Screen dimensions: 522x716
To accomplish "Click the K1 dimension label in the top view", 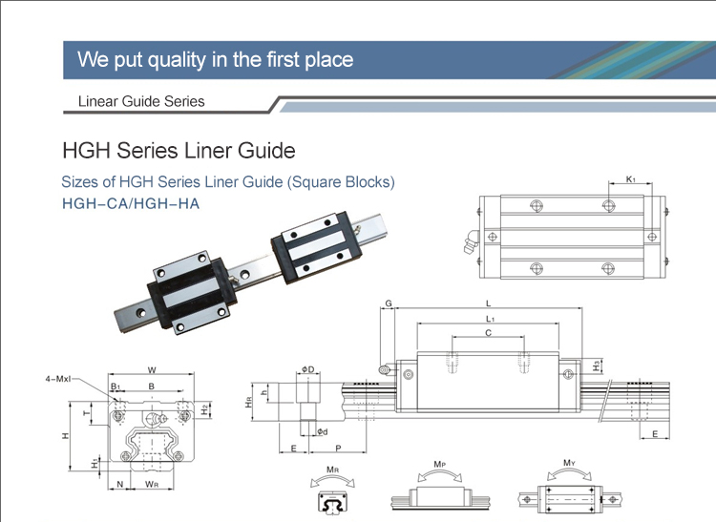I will (x=630, y=179).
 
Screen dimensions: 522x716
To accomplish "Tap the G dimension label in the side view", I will (x=389, y=303).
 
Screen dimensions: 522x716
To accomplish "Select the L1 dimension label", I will (x=489, y=318).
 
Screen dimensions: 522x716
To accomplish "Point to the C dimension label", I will (x=488, y=333).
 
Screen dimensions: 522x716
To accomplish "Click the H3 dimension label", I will (x=596, y=365).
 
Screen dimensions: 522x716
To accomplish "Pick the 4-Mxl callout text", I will (x=58, y=380).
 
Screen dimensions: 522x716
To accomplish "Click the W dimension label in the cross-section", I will (x=152, y=370).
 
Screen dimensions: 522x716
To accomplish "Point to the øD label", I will (x=307, y=369).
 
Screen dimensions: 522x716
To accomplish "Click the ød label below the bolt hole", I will (x=323, y=431).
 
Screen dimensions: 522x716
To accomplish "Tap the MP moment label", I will (x=439, y=465).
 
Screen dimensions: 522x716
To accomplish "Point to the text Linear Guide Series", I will (x=140, y=101).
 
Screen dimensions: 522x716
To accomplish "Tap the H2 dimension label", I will (x=205, y=408).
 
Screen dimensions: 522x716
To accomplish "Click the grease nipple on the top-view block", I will (x=469, y=243).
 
